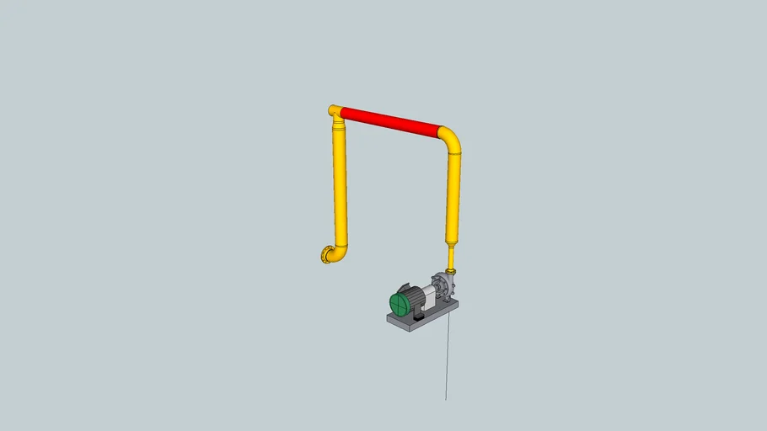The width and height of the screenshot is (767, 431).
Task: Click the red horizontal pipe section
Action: tap(389, 121)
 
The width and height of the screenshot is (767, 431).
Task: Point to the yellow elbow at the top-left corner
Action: tap(335, 111)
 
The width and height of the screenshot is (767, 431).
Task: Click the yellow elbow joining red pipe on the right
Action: tap(451, 138)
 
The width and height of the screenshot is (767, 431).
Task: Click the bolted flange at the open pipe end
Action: tap(324, 254)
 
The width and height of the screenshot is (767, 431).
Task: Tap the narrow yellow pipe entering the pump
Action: tap(451, 256)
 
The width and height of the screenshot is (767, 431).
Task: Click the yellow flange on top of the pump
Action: tap(451, 270)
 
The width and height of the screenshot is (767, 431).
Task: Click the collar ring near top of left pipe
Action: tap(338, 125)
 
